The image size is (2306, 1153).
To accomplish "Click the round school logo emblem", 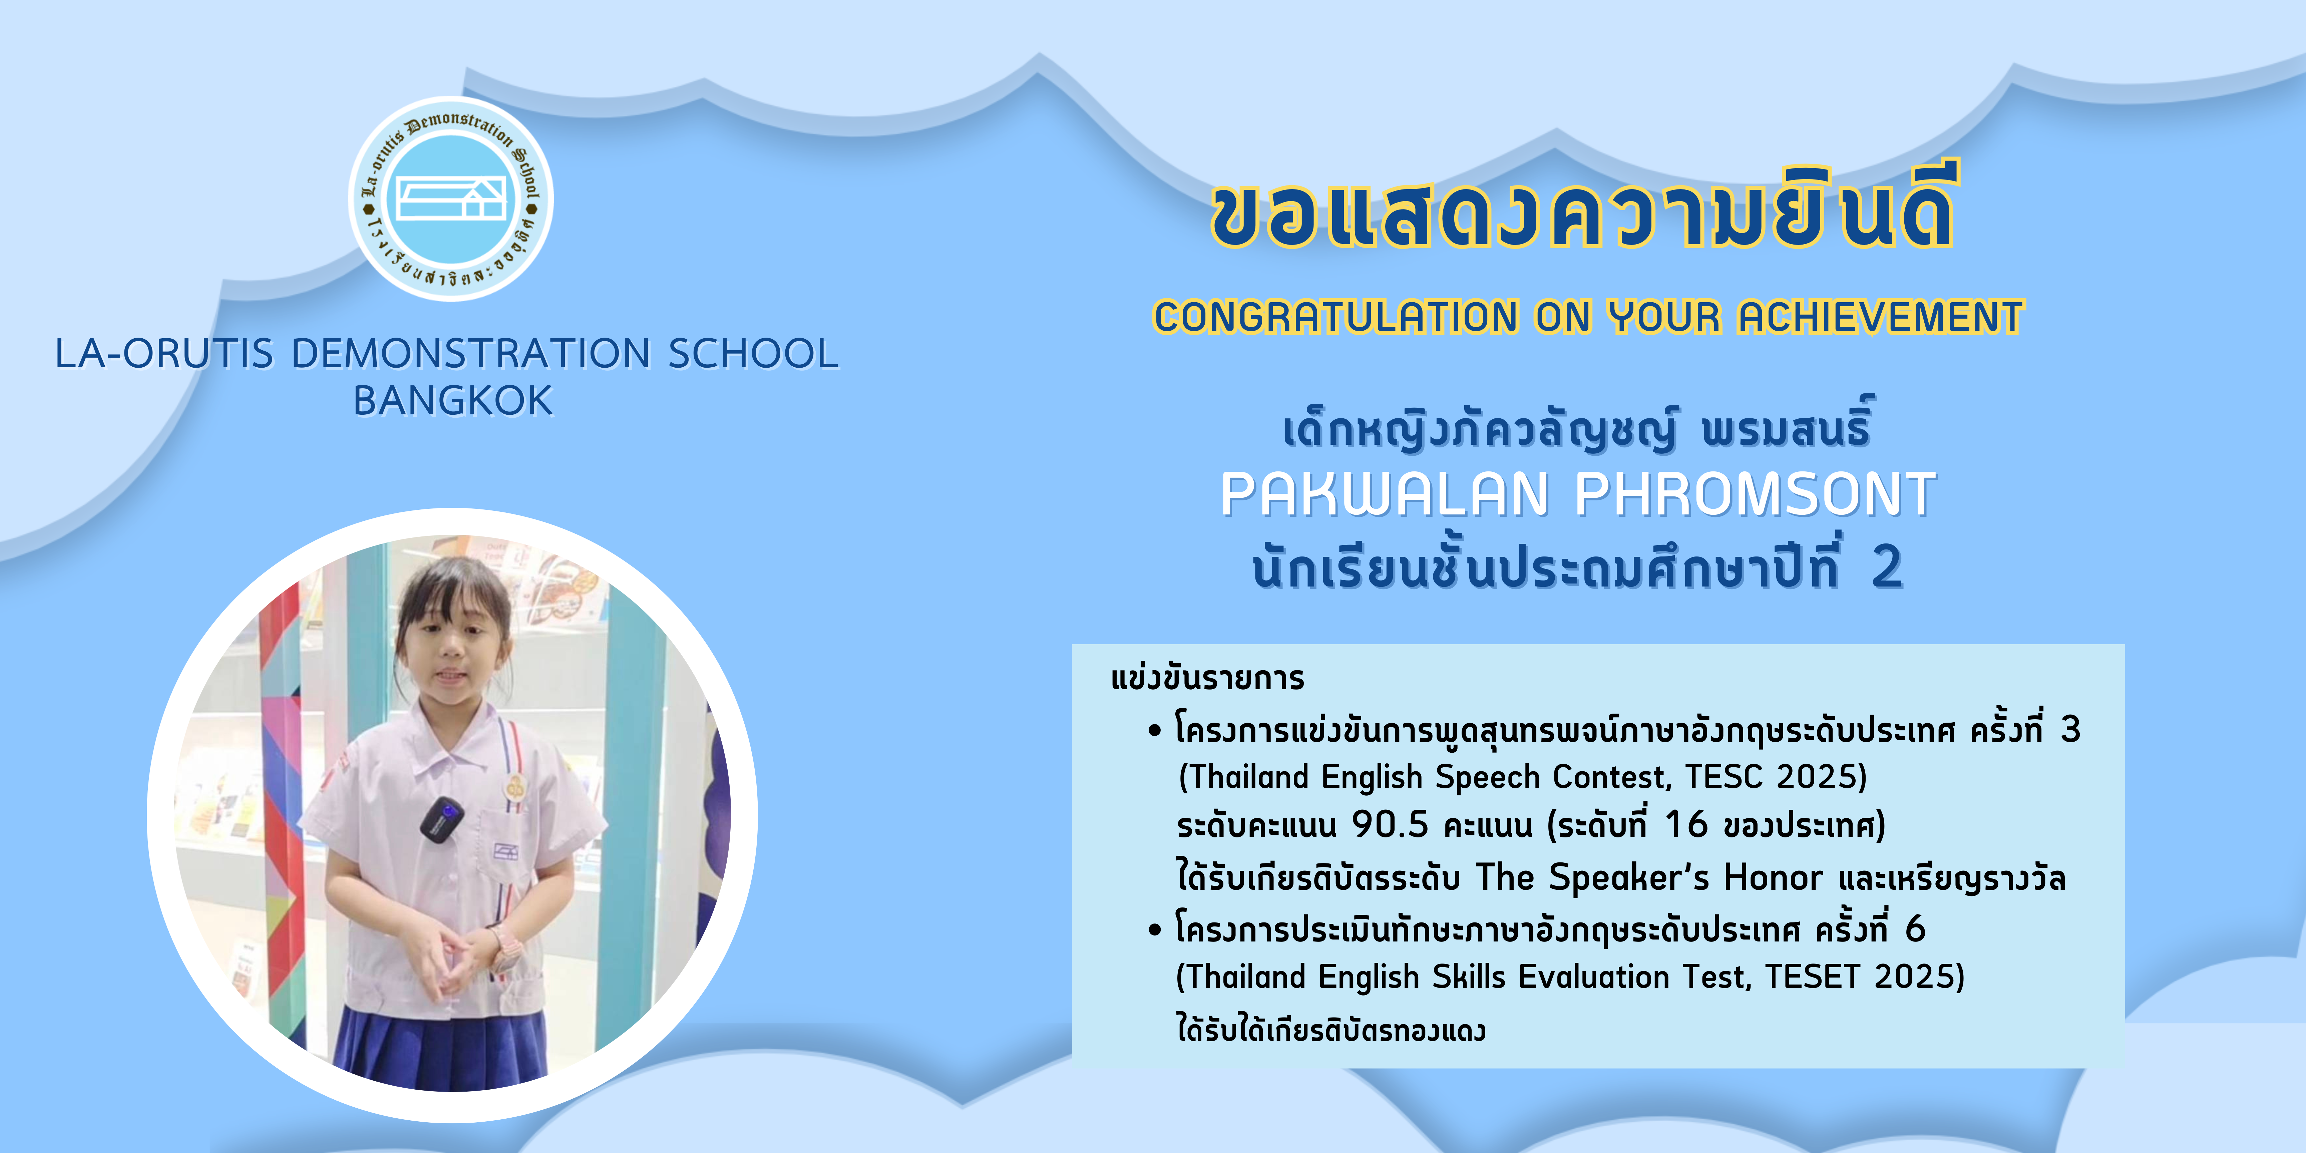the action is [450, 199].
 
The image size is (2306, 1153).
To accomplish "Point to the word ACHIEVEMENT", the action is [1880, 317].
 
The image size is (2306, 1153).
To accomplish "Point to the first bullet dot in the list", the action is [1155, 731].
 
